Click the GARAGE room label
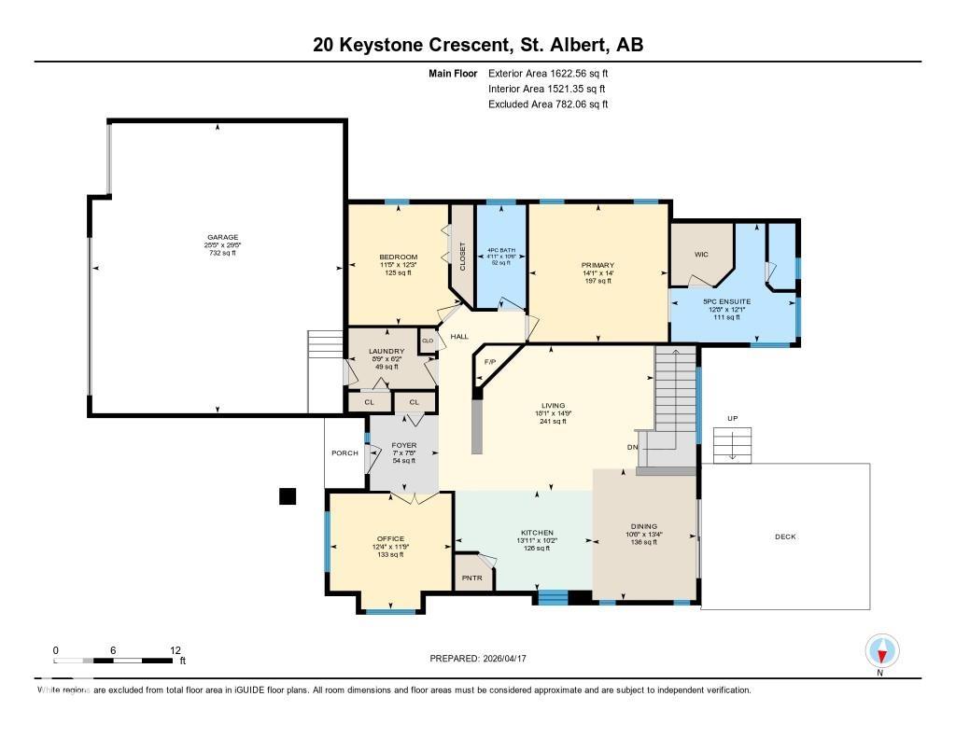(x=223, y=237)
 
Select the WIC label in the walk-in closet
(x=701, y=253)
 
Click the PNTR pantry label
(x=472, y=578)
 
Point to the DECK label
(x=785, y=536)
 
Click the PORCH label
(x=344, y=453)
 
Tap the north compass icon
(x=881, y=650)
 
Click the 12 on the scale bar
(x=176, y=650)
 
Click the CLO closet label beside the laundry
(x=428, y=341)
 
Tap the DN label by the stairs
(x=631, y=445)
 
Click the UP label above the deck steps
(x=733, y=419)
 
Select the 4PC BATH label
(x=501, y=251)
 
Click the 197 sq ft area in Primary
(x=597, y=281)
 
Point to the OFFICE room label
(x=389, y=538)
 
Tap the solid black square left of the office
(x=288, y=496)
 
